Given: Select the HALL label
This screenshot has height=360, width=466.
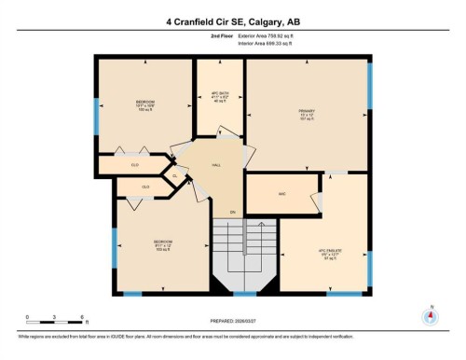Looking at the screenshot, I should point(216,164).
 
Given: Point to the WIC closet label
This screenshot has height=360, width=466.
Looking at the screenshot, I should point(281,194).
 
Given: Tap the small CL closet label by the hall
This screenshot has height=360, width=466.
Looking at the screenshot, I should point(174,174).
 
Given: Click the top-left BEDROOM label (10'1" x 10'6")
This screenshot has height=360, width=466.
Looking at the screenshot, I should point(145,101).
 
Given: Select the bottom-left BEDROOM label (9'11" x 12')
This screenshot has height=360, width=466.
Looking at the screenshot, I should point(163,242).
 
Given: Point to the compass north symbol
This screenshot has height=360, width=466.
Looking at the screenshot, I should point(430,315).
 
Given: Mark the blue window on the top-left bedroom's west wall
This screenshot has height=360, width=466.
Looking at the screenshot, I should point(96,116).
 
